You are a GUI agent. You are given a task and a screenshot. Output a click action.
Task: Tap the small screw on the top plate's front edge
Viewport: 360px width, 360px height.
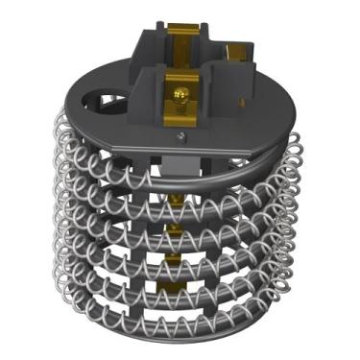point(180,136)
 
